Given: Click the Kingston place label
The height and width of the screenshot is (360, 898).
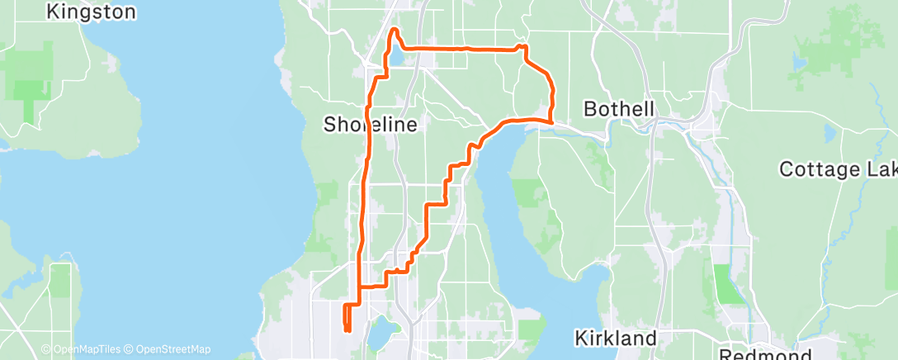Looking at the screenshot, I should click(91, 12).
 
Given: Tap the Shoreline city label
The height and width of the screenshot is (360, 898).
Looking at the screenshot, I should click(369, 125).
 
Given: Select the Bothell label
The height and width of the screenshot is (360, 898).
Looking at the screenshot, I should click(618, 109).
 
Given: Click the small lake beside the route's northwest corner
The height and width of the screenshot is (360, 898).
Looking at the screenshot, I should click(398, 57).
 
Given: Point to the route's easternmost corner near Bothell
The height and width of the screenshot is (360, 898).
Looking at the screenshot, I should click(551, 122).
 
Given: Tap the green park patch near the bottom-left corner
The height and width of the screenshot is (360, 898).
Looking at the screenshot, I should click(59, 280).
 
